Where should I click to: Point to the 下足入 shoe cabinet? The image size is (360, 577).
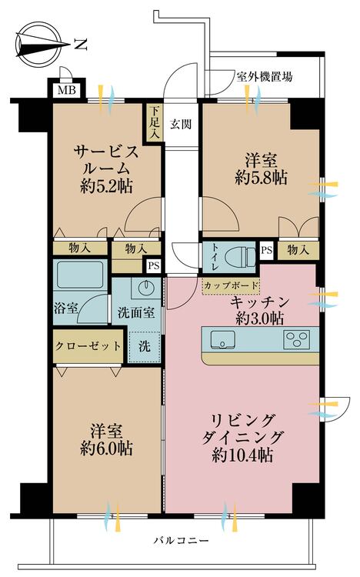point(155,122)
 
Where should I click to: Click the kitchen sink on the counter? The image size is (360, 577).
point(222,338)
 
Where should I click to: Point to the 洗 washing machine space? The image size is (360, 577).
point(144,345)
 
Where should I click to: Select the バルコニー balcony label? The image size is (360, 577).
point(179,542)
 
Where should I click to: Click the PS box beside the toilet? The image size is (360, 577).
point(267,250)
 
